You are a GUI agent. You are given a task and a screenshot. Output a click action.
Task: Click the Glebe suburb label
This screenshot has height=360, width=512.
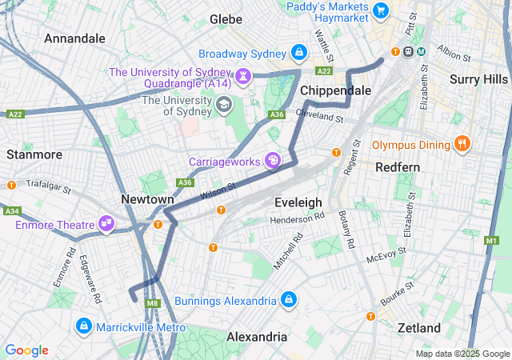(x=226, y=18)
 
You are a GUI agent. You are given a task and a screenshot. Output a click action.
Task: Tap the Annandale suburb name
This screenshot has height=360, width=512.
(x=74, y=38)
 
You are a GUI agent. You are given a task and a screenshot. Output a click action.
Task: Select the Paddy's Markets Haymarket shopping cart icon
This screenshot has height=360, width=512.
(x=380, y=10)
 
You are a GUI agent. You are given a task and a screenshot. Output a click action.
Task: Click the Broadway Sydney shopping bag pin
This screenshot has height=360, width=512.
(x=299, y=53)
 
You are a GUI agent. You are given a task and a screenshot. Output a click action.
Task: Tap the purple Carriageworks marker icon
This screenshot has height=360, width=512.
(x=273, y=161)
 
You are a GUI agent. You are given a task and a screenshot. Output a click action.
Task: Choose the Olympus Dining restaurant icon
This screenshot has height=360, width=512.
(x=462, y=145)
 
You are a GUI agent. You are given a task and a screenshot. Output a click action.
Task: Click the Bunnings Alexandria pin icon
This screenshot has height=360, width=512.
(x=289, y=300)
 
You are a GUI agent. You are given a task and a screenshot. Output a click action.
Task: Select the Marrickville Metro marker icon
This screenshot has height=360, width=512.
(x=83, y=326)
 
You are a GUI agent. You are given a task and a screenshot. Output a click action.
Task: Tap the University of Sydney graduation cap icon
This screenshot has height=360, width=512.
(x=224, y=104)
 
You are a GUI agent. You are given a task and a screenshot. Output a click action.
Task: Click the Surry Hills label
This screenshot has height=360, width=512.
(x=478, y=78)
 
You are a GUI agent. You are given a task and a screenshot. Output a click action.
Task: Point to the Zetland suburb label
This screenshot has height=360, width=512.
(x=419, y=328)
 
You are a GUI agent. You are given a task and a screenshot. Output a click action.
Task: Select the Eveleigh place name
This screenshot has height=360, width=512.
(x=298, y=202)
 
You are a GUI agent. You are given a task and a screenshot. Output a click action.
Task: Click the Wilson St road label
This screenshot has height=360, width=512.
(x=218, y=190)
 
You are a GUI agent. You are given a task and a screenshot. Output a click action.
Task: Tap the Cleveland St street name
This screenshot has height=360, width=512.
(x=318, y=115)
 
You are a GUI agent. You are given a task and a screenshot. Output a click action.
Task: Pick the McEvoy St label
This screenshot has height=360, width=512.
(x=386, y=258)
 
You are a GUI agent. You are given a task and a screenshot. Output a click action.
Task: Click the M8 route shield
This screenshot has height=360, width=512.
(x=153, y=303)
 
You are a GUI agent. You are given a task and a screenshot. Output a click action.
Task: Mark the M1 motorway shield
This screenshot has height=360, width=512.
(x=491, y=240)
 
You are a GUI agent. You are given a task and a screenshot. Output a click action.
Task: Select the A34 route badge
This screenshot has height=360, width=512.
(x=11, y=211)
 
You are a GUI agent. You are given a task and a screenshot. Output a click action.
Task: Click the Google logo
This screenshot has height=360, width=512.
(x=26, y=350)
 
